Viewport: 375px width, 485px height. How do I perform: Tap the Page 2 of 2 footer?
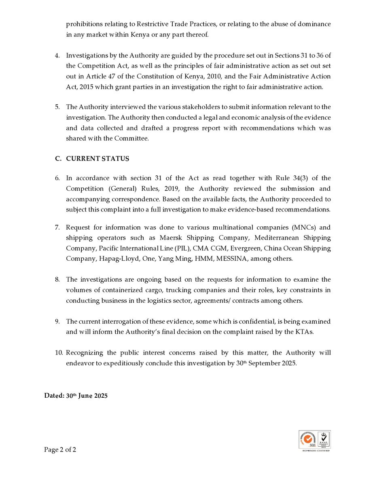60,449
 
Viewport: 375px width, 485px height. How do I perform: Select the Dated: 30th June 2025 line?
76,396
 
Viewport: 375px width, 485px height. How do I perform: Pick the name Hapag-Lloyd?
120,259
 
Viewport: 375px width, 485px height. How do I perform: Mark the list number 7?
57,227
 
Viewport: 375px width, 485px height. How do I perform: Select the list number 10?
59,353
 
